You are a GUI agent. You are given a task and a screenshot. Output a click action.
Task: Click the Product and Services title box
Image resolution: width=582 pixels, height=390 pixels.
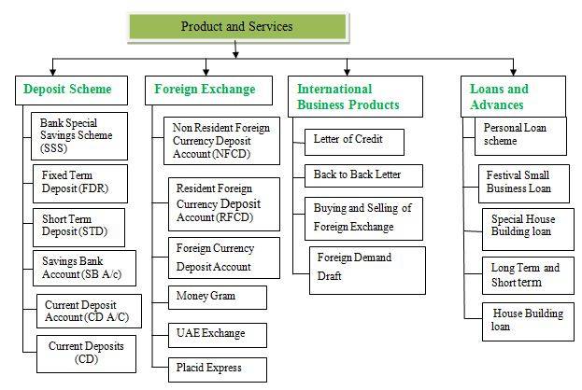tap(236, 27)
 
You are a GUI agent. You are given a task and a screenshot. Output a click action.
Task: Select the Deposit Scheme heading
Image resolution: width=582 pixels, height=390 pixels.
tap(67, 90)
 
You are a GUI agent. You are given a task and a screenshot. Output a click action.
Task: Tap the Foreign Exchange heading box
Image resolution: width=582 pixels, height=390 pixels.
tap(204, 90)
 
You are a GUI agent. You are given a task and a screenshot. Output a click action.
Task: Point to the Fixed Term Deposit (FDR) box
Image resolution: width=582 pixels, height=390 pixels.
tap(77, 182)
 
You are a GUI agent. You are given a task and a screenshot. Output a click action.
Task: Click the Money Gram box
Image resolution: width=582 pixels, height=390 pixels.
tap(217, 297)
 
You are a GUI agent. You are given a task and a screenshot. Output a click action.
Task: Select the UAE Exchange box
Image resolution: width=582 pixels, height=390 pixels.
tap(217, 333)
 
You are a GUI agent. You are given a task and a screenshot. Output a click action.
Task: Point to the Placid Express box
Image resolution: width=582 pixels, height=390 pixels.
tap(217, 369)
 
